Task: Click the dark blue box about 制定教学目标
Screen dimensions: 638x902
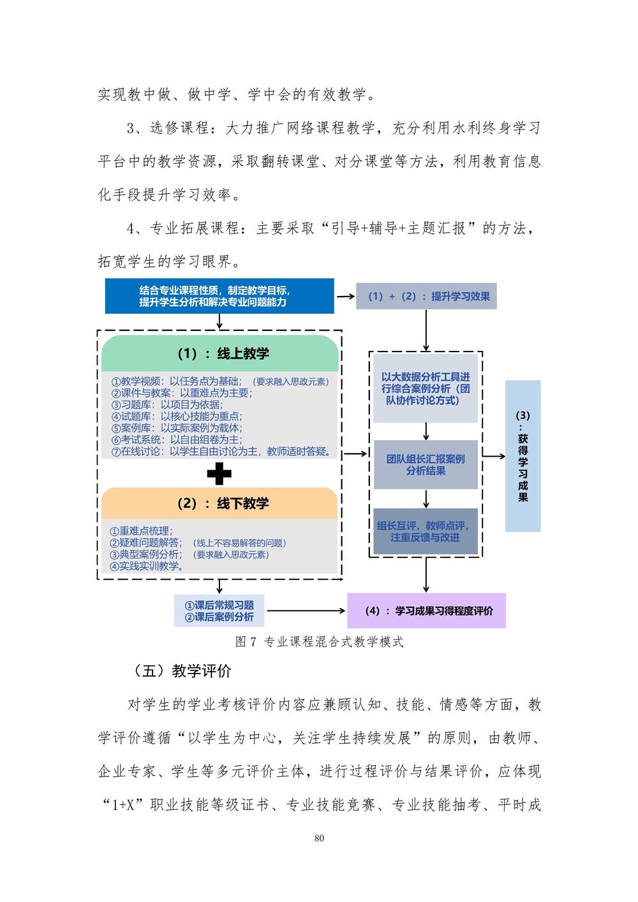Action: tap(219, 296)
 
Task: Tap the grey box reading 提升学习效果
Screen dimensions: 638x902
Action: tap(426, 297)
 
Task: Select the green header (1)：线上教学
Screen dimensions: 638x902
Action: tap(219, 353)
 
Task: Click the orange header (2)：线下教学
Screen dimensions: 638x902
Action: tap(219, 503)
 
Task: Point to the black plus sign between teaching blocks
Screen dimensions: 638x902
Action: tap(219, 473)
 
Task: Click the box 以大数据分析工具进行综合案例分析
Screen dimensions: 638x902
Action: tap(426, 388)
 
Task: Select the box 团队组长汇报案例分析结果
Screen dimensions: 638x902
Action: tap(426, 464)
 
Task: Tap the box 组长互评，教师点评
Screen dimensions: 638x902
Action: tap(426, 531)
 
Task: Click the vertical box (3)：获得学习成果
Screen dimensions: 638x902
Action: tap(523, 456)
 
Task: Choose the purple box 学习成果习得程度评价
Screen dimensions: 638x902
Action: tap(427, 610)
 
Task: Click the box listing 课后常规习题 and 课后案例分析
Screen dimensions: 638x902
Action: tap(219, 610)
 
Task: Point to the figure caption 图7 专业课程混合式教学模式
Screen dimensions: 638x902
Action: tap(319, 642)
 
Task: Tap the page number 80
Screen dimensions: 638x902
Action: tap(319, 838)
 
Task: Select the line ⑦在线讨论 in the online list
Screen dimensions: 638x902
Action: tap(221, 452)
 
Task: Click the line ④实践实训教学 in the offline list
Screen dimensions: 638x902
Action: tap(147, 566)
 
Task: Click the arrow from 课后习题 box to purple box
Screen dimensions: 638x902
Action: tap(306, 610)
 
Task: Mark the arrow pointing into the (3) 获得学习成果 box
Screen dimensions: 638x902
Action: tap(494, 456)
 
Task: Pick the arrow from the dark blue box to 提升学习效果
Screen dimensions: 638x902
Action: tap(346, 297)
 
